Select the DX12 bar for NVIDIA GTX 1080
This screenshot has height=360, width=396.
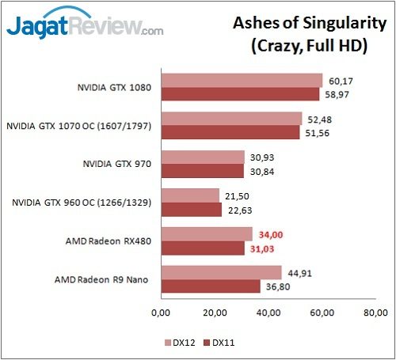tap(242, 80)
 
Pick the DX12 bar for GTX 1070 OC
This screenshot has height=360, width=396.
tap(231, 119)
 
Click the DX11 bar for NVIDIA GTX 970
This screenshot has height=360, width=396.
tap(202, 170)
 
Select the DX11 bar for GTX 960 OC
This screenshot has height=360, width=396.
tap(191, 209)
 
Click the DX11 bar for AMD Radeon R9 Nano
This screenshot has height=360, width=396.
tap(210, 286)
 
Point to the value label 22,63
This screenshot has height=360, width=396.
tap(240, 209)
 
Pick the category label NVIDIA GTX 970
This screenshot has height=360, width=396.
tap(118, 164)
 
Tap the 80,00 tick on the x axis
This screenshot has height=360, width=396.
tap(377, 312)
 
